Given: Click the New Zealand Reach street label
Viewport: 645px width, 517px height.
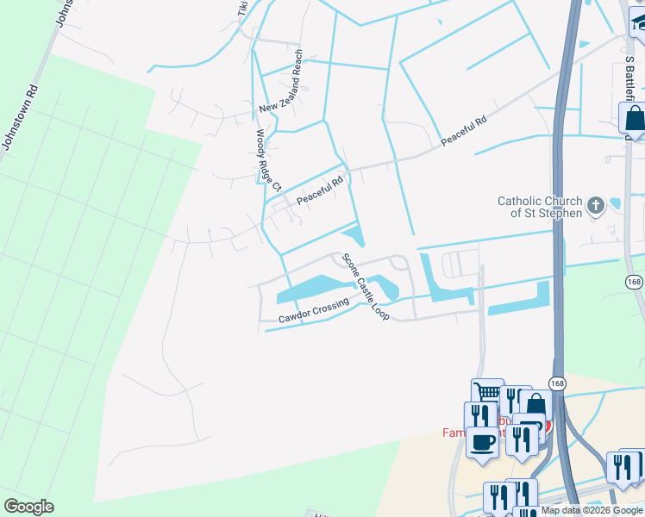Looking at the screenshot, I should point(284,83).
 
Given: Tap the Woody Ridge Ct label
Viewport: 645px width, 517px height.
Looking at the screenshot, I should point(269,160).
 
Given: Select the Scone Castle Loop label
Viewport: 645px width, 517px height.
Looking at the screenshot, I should point(366,287).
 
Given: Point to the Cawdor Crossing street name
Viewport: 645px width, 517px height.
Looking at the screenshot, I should point(313,313).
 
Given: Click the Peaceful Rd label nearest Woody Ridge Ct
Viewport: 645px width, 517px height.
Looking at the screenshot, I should point(320,190).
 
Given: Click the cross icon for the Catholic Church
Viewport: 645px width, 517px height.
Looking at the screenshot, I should point(595,206).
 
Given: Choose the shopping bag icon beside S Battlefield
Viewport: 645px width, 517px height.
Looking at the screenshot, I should point(634,119).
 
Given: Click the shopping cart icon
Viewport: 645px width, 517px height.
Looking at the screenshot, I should point(487,392).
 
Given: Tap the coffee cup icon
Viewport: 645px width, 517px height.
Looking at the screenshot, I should point(482,441).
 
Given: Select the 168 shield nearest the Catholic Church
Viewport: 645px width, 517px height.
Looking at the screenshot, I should point(634,283).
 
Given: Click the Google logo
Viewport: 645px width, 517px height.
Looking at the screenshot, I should point(28,507).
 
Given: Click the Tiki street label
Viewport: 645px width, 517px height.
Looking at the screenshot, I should point(243,9).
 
